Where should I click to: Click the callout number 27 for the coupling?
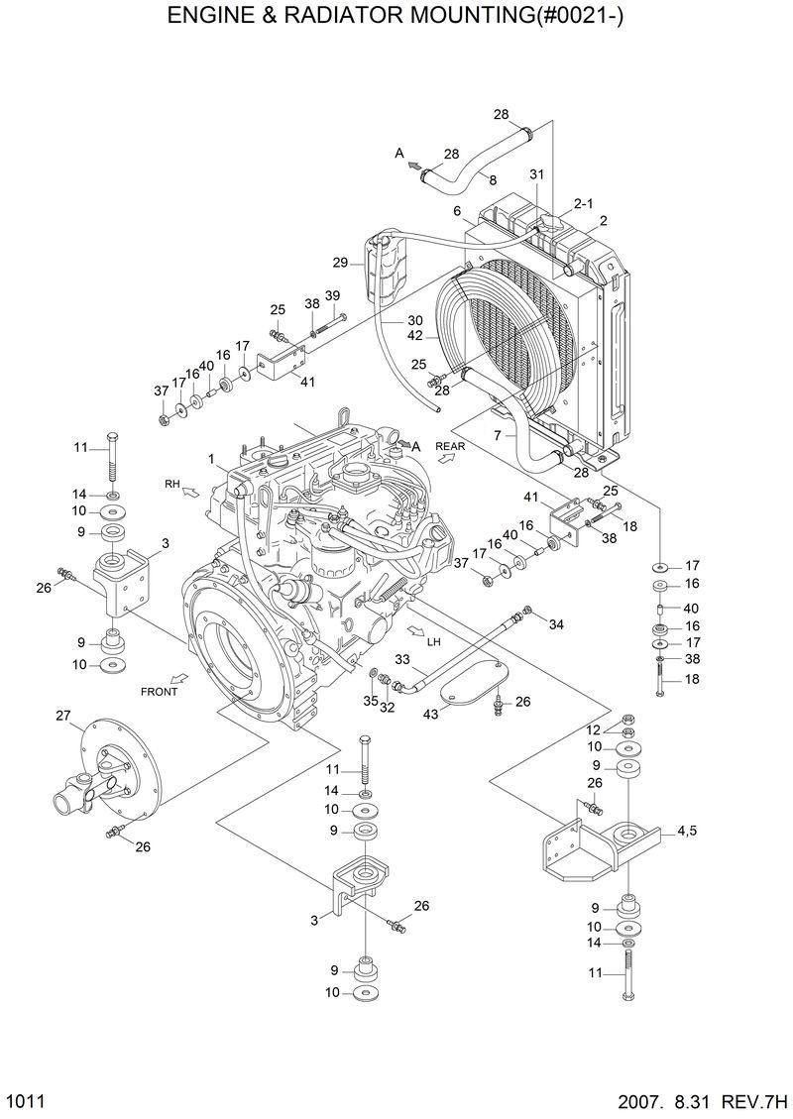click(62, 716)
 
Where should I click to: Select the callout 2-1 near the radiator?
click(583, 204)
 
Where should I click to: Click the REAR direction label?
click(449, 447)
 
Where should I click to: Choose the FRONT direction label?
click(159, 691)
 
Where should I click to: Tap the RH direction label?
click(172, 484)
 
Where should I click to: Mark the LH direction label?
click(433, 641)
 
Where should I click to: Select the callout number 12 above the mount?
click(594, 730)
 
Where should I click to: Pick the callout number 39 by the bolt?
click(332, 295)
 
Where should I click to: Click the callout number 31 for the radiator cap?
click(536, 175)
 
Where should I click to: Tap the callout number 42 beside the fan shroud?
click(415, 335)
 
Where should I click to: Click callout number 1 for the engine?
click(211, 458)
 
